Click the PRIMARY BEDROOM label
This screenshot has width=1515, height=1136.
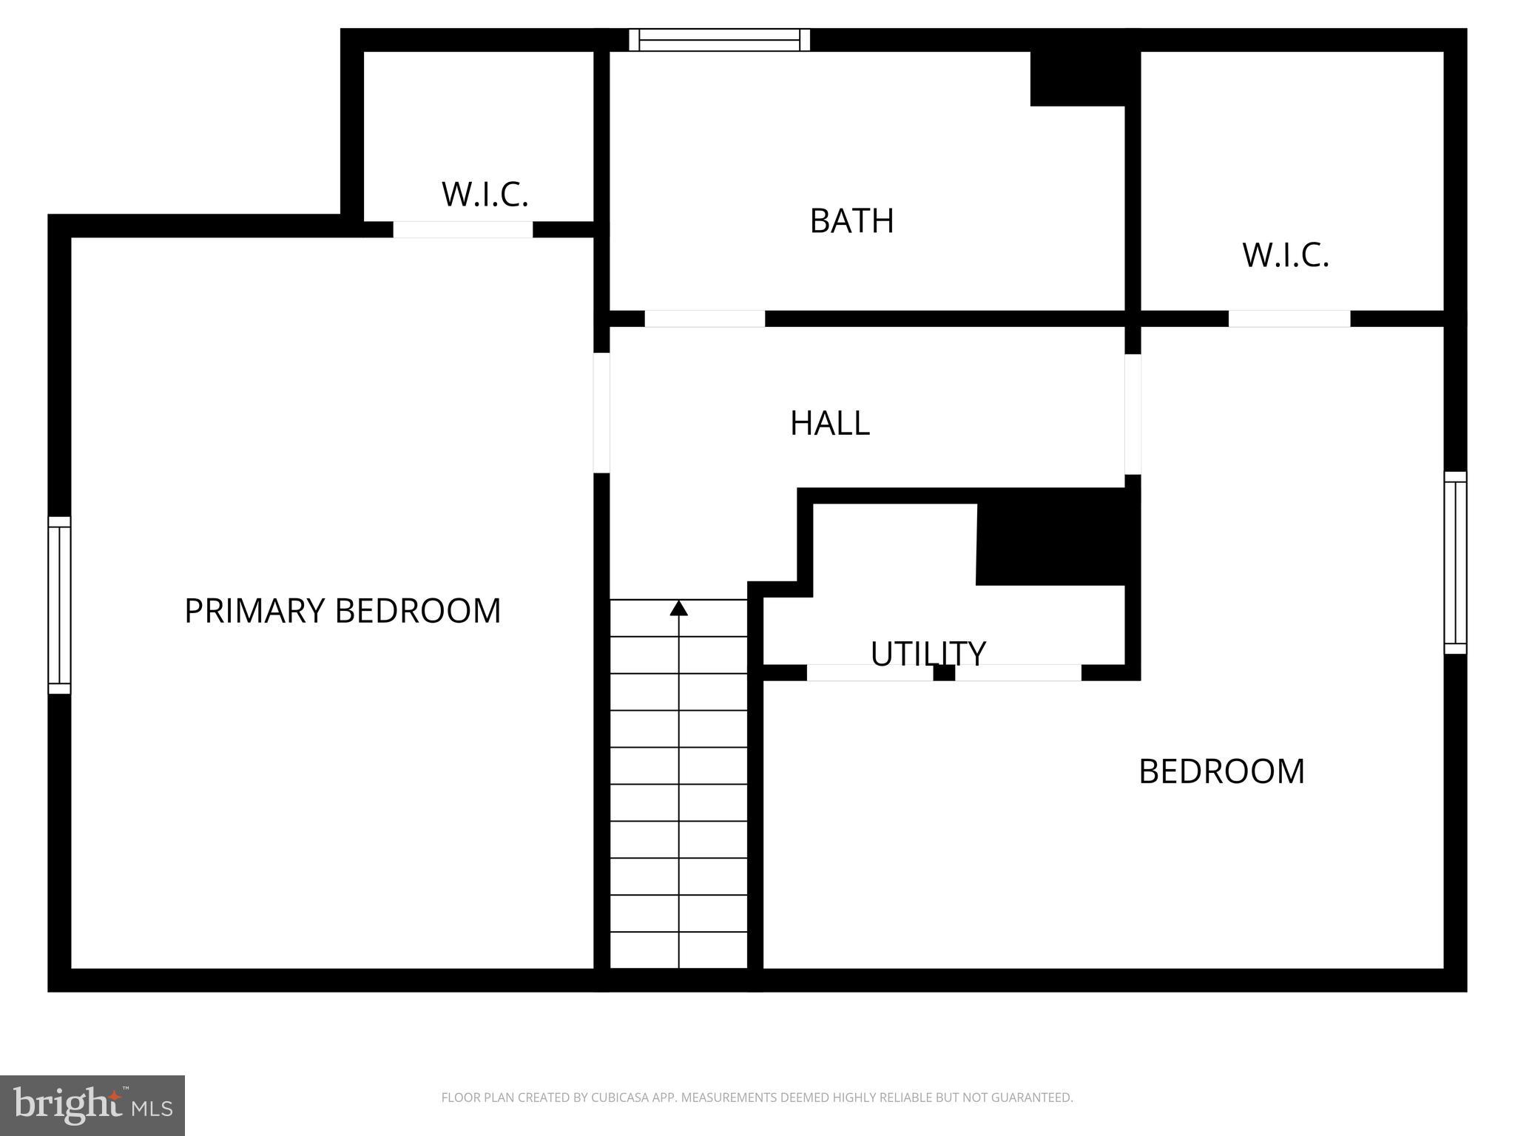[343, 611]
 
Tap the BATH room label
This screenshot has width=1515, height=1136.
[851, 221]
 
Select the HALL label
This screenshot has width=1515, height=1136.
[829, 423]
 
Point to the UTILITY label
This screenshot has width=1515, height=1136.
[928, 653]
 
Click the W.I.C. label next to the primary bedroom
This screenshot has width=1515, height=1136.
[485, 194]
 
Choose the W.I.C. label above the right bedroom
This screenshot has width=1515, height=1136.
[1286, 255]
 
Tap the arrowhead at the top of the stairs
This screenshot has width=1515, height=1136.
[678, 608]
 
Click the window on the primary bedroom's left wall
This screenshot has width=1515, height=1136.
[59, 605]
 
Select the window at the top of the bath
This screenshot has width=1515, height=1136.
[719, 40]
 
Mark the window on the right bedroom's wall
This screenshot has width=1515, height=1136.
[1455, 563]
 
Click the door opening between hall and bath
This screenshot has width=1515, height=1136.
[704, 319]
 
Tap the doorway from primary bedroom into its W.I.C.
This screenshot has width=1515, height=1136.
[462, 229]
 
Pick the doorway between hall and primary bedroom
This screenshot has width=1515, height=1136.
[601, 413]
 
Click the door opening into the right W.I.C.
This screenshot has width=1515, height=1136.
[1289, 319]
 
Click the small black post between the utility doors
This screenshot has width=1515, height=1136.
[944, 673]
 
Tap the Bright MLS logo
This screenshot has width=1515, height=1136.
[92, 1105]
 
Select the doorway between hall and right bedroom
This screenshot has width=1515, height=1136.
[1133, 414]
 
